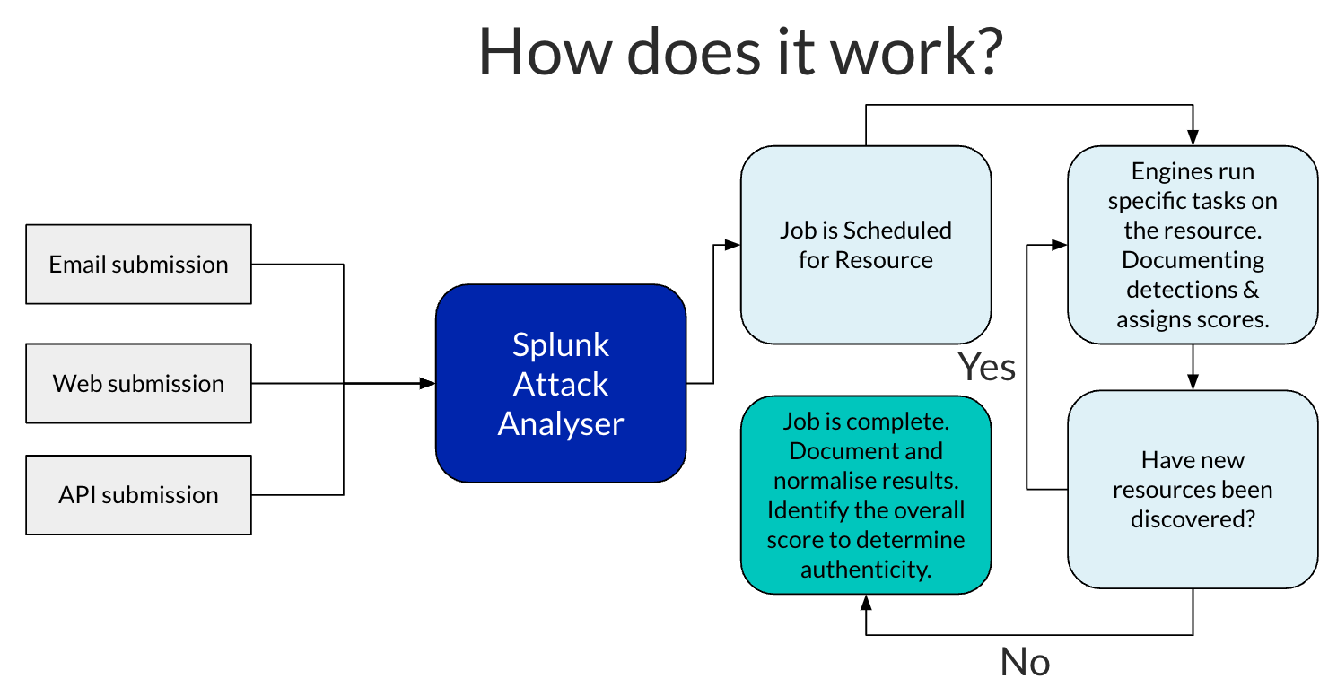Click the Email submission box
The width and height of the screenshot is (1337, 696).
[138, 265]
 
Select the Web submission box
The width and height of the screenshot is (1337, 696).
[138, 384]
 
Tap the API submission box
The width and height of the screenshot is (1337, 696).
[138, 495]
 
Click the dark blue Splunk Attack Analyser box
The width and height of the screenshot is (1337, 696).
[561, 384]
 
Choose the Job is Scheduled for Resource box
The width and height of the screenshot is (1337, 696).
[866, 245]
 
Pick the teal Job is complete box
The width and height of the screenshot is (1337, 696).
[866, 495]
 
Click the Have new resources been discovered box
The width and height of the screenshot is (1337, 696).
[1193, 490]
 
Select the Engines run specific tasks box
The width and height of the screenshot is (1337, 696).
[1193, 245]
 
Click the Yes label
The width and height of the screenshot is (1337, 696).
[986, 367]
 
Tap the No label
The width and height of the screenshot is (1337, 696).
[1025, 662]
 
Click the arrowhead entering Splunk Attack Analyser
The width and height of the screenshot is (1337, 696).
[428, 384]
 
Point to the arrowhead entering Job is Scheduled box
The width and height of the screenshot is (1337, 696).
[733, 245]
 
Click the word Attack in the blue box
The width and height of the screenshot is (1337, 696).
[561, 384]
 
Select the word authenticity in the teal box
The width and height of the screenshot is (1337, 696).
[866, 570]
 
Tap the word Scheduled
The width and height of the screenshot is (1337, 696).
[897, 231]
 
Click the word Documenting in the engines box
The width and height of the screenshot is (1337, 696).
[1193, 260]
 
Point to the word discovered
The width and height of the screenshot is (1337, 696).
[1193, 519]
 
